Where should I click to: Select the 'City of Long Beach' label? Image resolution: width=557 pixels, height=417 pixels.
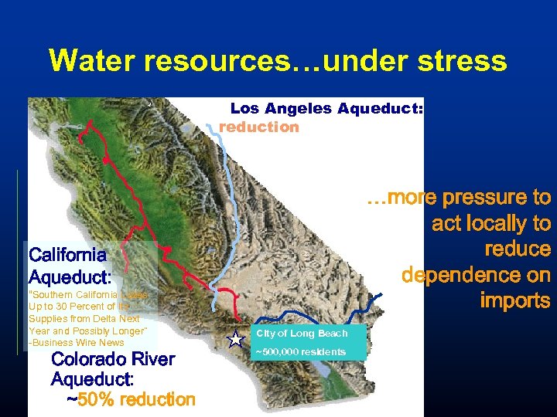tap(302, 333)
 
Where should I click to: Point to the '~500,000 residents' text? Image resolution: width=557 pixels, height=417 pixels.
tap(301, 352)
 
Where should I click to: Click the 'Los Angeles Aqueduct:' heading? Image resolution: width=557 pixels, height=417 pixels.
tap(326, 109)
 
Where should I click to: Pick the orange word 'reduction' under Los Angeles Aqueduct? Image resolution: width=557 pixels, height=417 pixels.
tap(259, 127)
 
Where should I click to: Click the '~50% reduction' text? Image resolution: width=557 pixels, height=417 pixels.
tap(131, 399)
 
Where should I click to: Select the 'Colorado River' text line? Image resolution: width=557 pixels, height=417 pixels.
tap(113, 359)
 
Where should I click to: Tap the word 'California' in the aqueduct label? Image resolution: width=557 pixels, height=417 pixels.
tap(67, 254)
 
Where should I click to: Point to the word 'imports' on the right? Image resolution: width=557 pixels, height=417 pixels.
tap(515, 300)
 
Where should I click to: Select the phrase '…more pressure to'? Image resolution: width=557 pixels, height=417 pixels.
tap(458, 198)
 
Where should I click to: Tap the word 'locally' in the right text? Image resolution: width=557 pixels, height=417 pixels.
tap(498, 224)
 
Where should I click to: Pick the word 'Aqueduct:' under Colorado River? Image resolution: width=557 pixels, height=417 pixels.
tap(93, 379)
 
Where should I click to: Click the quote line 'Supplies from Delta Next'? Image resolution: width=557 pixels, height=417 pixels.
tap(84, 318)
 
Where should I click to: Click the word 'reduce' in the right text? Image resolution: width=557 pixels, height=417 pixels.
tap(518, 249)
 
